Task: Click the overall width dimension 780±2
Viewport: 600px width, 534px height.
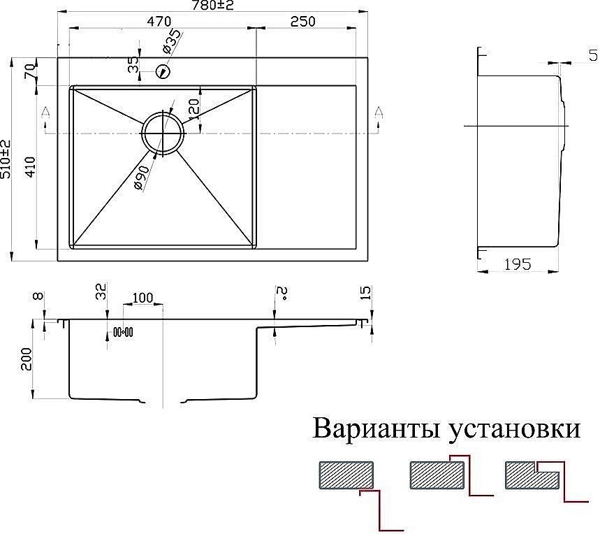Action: pyautogui.click(x=214, y=6)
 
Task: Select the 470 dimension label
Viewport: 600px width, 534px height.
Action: pyautogui.click(x=159, y=22)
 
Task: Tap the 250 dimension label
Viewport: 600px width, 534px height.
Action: pyautogui.click(x=302, y=22)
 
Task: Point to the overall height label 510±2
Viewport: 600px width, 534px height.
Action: pyautogui.click(x=6, y=159)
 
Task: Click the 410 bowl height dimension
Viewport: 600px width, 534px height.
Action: pyautogui.click(x=30, y=166)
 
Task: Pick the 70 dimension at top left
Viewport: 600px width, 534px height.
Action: pyautogui.click(x=30, y=71)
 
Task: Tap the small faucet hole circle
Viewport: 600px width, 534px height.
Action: pyautogui.click(x=163, y=71)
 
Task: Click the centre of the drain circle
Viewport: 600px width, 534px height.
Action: pyautogui.click(x=163, y=133)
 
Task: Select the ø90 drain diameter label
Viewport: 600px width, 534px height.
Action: pyautogui.click(x=141, y=178)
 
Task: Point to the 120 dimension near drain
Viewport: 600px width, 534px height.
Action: pyautogui.click(x=194, y=110)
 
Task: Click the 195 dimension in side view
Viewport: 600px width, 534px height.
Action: pyautogui.click(x=518, y=264)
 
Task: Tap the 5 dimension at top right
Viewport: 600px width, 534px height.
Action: pyautogui.click(x=593, y=55)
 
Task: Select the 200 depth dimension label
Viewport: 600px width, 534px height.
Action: pyautogui.click(x=26, y=359)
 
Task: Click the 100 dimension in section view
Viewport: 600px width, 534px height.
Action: pyautogui.click(x=142, y=298)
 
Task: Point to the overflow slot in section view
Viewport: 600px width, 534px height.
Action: pyautogui.click(x=123, y=332)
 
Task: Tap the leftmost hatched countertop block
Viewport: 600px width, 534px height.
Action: pyautogui.click(x=346, y=475)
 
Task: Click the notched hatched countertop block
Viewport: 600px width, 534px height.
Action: pyautogui.click(x=532, y=476)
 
